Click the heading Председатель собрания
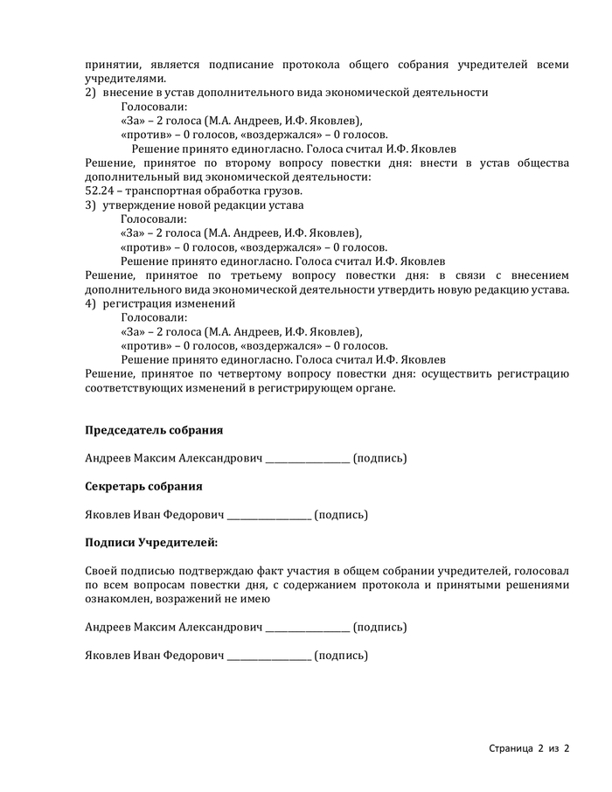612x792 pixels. pos(154,430)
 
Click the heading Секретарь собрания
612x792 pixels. pos(143,486)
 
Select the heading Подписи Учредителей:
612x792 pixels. pos(151,543)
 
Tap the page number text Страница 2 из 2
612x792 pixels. pos(529,749)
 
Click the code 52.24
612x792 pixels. pos(100,191)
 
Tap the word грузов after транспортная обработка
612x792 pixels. pos(283,191)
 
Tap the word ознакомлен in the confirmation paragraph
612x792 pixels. pos(117,599)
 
